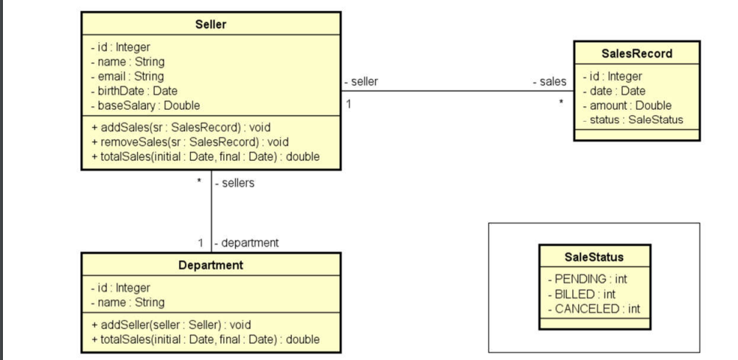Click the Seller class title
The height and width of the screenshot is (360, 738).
click(x=211, y=24)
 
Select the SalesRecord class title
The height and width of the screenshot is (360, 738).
click(x=636, y=54)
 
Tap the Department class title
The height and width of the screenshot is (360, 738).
click(x=211, y=265)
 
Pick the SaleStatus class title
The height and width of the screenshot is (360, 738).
click(x=593, y=257)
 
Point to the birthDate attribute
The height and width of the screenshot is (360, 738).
click(x=133, y=91)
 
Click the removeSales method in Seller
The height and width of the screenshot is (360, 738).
click(x=189, y=142)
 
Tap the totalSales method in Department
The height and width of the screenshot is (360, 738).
click(x=205, y=339)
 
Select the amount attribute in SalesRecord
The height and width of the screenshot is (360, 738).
click(x=627, y=105)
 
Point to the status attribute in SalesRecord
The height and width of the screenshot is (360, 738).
click(x=633, y=120)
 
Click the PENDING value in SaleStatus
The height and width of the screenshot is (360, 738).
click(x=588, y=280)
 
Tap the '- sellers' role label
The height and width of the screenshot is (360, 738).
click(x=234, y=183)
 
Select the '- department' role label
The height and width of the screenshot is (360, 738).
click(x=246, y=243)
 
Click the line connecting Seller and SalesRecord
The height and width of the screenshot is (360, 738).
click(x=457, y=91)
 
